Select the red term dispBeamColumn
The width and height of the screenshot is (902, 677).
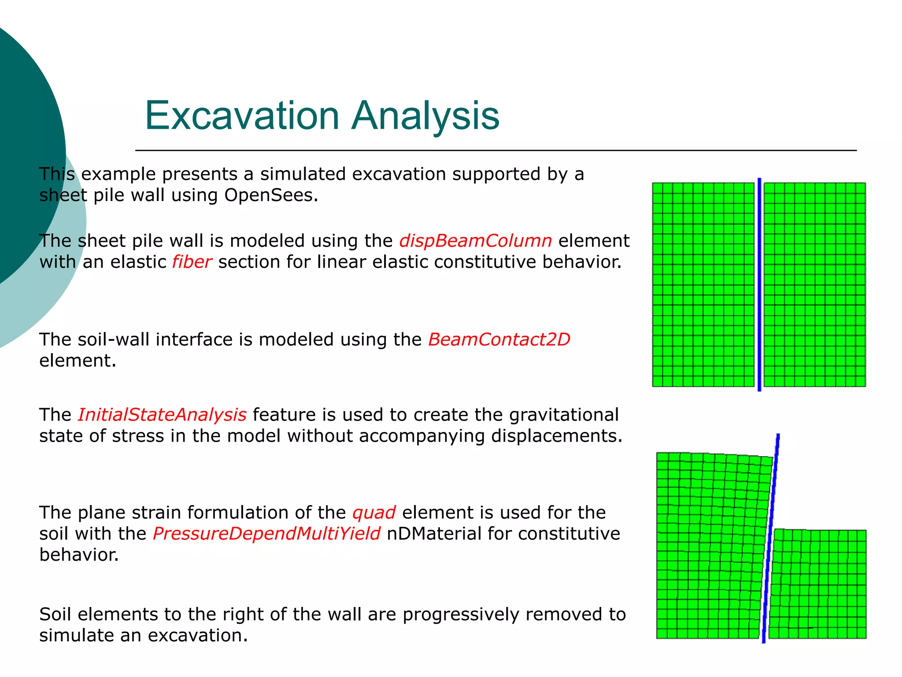point(475,241)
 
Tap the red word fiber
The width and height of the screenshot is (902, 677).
point(192,262)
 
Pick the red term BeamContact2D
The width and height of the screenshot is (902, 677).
point(499,340)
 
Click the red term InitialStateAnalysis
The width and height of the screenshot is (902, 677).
point(162,415)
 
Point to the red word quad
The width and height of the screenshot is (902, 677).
point(373,513)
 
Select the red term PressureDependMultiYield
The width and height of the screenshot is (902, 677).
point(266,534)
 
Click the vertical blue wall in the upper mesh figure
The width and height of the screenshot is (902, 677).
point(759,284)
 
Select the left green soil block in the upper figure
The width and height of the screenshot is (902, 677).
point(703,284)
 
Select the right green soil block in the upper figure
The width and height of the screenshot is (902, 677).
point(814,284)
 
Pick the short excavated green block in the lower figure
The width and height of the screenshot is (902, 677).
point(818,584)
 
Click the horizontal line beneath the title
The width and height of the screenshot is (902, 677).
point(495,151)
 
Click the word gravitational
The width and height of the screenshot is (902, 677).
point(564,415)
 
